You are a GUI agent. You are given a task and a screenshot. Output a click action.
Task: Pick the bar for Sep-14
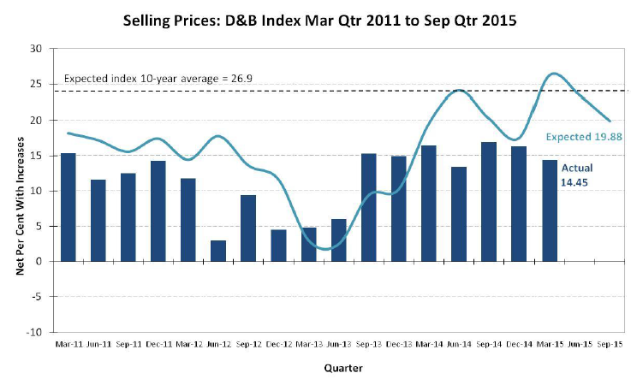488,202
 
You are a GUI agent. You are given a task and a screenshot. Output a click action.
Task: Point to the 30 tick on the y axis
36,50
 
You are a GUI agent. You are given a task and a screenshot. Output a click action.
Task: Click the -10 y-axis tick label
34,332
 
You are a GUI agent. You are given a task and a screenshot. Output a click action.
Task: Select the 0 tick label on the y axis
39,261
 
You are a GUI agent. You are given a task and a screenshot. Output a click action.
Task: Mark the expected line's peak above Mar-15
554,74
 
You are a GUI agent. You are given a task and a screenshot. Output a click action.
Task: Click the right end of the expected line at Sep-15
609,121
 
